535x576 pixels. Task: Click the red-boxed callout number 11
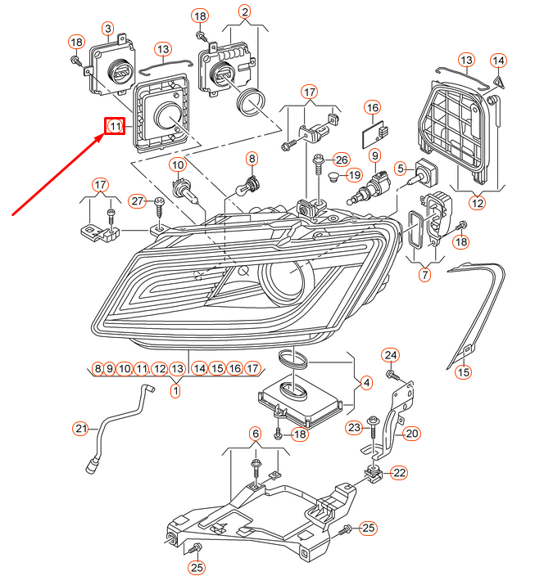(114, 127)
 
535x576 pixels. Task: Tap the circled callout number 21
(80, 428)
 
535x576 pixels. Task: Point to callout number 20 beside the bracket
(411, 434)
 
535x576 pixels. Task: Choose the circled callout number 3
(107, 29)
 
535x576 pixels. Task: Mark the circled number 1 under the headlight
(175, 391)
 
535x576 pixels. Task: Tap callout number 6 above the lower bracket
(255, 433)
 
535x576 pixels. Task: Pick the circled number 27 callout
(138, 201)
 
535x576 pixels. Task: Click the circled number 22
(399, 472)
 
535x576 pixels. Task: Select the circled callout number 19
(353, 175)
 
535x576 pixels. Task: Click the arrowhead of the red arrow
(103, 137)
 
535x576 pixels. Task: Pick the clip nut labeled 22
(372, 474)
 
